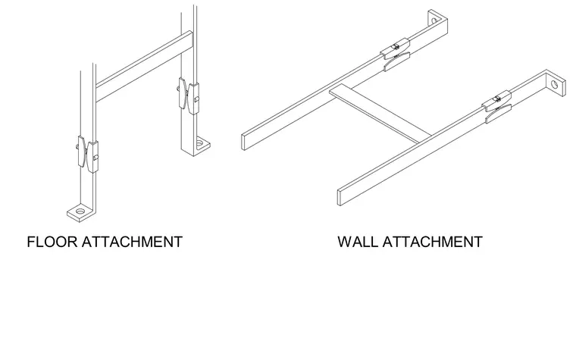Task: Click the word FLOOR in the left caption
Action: pos(52,242)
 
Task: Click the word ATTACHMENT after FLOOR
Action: pos(132,242)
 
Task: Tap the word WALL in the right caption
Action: pos(358,242)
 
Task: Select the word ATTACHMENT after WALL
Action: pos(432,242)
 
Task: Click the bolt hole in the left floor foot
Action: pos(80,211)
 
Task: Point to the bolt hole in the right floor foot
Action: pos(200,142)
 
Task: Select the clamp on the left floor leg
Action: pos(88,155)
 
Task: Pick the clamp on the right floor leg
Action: pos(189,96)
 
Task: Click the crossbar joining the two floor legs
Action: pos(144,66)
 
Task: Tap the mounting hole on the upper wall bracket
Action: pos(434,20)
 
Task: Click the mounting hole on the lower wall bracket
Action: pos(554,84)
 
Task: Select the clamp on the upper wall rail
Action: pos(396,54)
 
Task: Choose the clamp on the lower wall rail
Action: pos(497,107)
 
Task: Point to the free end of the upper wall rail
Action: pos(243,142)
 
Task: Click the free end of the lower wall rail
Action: pos(340,198)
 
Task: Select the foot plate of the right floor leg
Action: pos(202,144)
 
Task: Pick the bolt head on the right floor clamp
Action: pos(197,99)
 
